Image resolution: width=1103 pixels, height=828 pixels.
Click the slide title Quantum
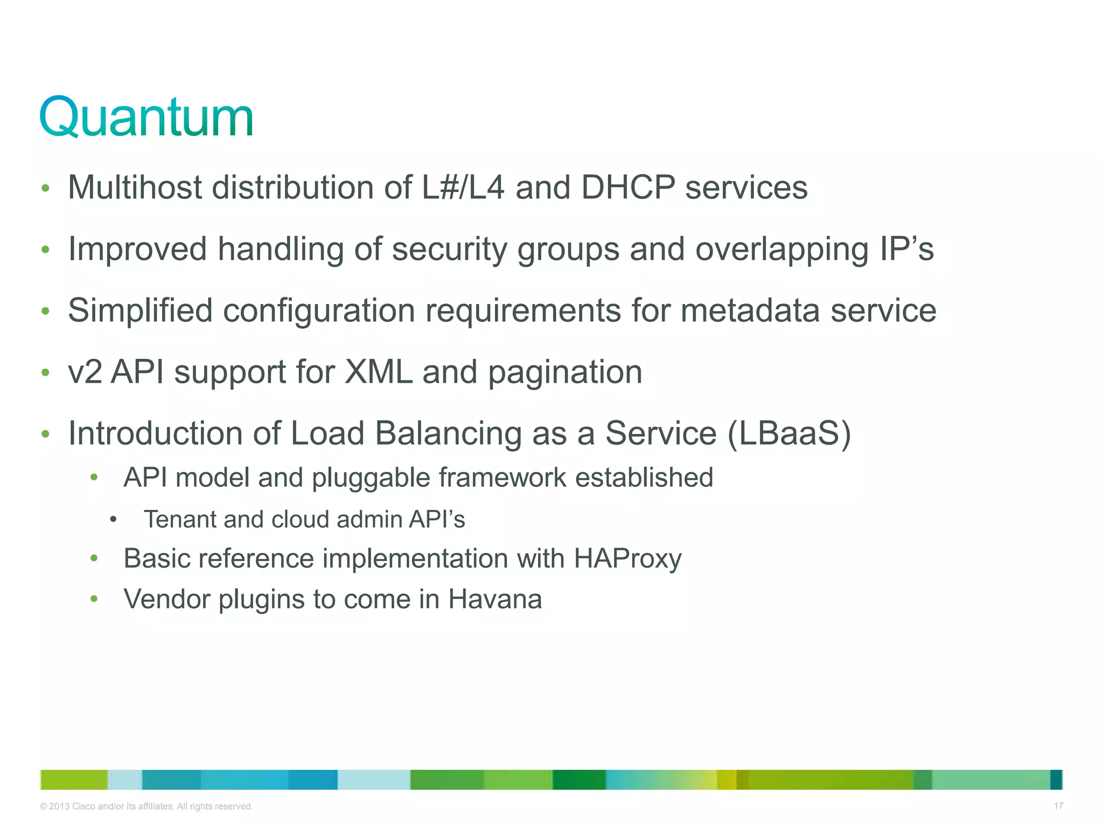[146, 118]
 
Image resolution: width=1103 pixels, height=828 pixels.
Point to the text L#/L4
[463, 188]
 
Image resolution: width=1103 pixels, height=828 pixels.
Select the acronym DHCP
[627, 188]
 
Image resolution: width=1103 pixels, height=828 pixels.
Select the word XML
[378, 372]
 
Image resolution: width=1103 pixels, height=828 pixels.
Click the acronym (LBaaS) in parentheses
[789, 433]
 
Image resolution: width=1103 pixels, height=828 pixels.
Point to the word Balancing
[448, 434]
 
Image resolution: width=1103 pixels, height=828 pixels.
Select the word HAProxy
[627, 558]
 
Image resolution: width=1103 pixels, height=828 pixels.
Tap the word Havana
[494, 599]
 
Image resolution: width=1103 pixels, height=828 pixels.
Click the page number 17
[1058, 806]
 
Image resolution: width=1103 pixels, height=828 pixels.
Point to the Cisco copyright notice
[146, 806]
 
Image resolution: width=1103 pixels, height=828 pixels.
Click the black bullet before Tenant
[113, 520]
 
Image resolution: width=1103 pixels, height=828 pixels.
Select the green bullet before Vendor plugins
[94, 599]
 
